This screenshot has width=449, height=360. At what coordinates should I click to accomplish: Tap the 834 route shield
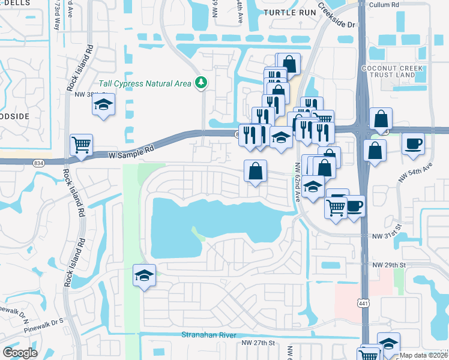click(39, 163)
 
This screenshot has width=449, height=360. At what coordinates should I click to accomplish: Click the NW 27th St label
click(258, 343)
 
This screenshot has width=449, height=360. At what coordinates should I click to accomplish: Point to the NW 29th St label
click(390, 265)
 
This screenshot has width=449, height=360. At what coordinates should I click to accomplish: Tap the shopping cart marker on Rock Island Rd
click(81, 145)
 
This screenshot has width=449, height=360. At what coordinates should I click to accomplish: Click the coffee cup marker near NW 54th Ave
click(414, 145)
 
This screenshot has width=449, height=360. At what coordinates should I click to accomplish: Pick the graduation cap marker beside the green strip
click(144, 275)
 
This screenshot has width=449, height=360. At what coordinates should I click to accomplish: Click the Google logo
click(20, 352)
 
